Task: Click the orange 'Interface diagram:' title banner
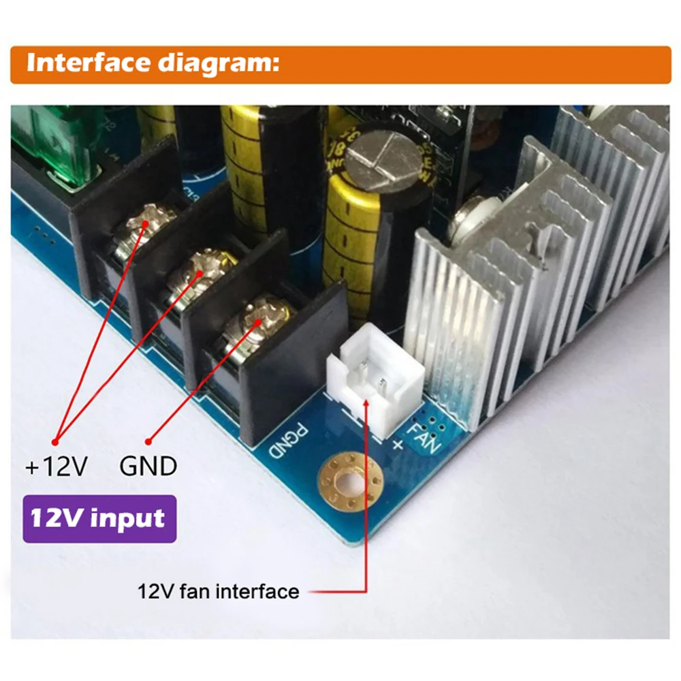[x=340, y=65]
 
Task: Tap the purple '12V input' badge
[x=99, y=518]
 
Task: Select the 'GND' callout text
[x=148, y=467]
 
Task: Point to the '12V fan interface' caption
[x=219, y=590]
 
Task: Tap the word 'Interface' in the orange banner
[x=88, y=63]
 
